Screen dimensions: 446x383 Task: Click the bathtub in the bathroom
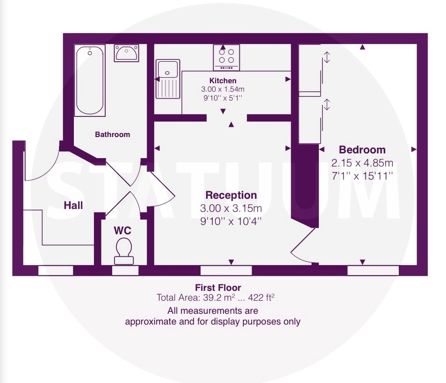click(90, 80)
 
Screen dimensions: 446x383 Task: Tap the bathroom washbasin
click(127, 53)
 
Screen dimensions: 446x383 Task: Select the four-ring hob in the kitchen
click(226, 58)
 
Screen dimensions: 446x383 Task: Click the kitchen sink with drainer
click(168, 79)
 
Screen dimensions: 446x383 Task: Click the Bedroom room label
click(362, 150)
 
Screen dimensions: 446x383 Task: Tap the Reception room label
click(231, 195)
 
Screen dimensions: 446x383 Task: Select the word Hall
click(73, 205)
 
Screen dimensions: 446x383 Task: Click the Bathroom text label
click(112, 134)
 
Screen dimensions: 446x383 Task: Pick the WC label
click(122, 231)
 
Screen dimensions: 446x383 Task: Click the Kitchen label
click(223, 80)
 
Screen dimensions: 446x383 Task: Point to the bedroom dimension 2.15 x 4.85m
click(362, 163)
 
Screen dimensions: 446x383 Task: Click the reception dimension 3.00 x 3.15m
click(231, 208)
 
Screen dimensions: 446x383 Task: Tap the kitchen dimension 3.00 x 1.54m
click(223, 89)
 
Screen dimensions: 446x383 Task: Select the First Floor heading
click(218, 288)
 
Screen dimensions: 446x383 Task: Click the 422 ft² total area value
click(261, 297)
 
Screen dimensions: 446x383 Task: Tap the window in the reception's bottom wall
click(226, 271)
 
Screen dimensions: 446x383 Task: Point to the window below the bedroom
click(373, 271)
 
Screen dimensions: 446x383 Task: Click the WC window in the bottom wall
click(125, 271)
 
